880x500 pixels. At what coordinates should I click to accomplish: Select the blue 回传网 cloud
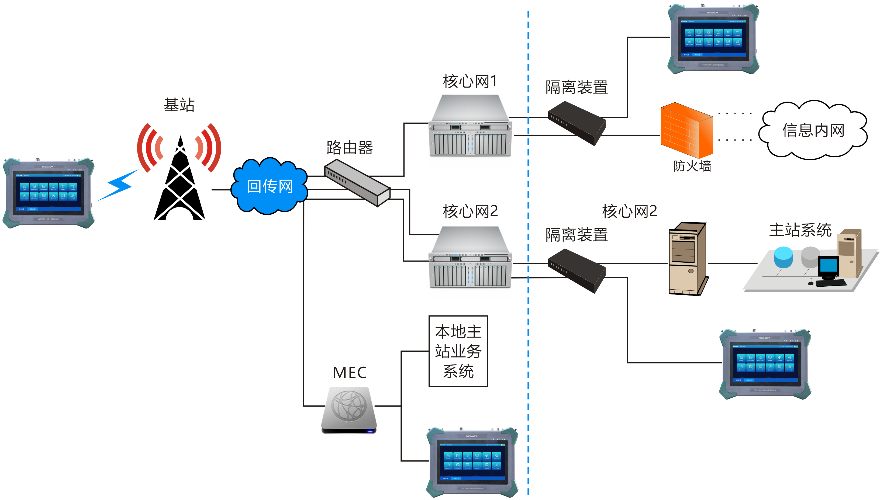point(270,186)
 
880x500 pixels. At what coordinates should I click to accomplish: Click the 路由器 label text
point(349,148)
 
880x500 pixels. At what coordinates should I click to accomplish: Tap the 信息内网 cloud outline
point(813,130)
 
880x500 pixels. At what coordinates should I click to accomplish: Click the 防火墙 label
point(692,166)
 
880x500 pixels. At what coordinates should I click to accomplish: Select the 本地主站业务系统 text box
point(458,351)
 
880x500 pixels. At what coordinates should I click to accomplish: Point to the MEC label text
point(350,373)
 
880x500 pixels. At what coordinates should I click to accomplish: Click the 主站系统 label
point(800,230)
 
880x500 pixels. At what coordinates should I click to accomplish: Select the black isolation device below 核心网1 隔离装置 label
point(576,123)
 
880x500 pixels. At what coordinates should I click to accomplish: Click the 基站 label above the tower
point(179,105)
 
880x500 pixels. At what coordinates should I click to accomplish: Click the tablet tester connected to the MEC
point(472,462)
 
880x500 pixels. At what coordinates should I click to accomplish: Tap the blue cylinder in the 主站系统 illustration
point(783,258)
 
